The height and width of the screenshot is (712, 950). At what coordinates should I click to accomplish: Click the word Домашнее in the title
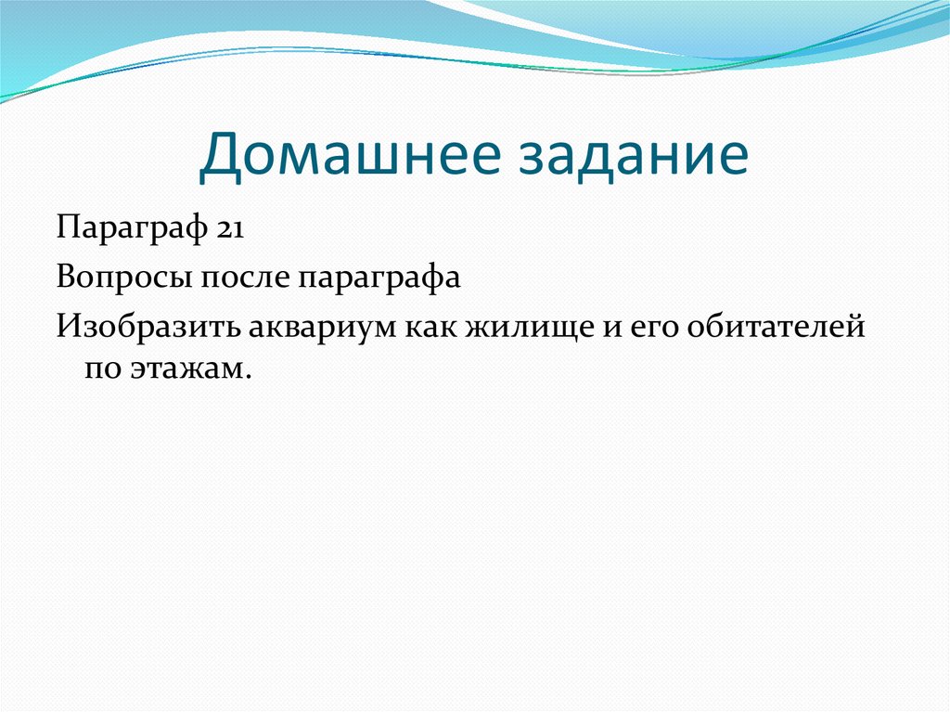tap(350, 154)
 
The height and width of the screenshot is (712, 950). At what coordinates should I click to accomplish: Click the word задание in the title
tap(634, 154)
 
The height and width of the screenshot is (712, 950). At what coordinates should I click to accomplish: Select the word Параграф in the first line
tap(132, 229)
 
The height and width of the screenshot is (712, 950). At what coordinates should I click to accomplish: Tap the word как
tap(430, 328)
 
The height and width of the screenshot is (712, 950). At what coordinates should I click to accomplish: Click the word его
tap(654, 328)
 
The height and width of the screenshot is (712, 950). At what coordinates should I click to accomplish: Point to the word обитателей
tap(777, 327)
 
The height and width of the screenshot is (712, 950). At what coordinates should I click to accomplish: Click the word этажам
tap(186, 369)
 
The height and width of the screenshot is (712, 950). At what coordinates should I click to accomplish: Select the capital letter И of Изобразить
tap(70, 325)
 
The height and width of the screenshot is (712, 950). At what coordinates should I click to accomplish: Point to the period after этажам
tap(247, 378)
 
